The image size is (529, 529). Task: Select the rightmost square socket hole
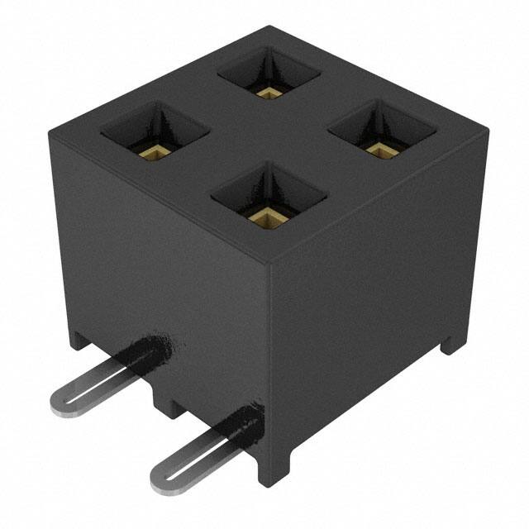pyautogui.click(x=381, y=131)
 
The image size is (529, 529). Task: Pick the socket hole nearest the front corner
pyautogui.click(x=269, y=194)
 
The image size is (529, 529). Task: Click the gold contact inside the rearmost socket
pyautogui.click(x=267, y=92)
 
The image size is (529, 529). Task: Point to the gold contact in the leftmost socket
pyautogui.click(x=154, y=151)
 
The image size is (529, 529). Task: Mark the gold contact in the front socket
pyautogui.click(x=266, y=217)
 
